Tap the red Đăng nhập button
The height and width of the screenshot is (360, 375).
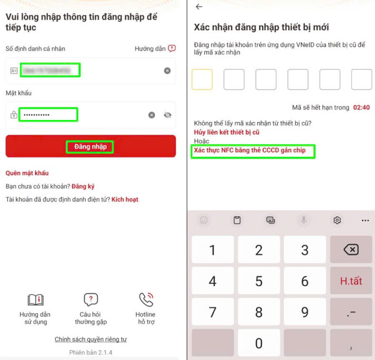(x=90, y=146)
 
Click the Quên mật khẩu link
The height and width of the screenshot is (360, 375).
(x=27, y=173)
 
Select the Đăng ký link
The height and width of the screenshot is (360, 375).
(x=83, y=186)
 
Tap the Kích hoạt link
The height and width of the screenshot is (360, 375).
(x=125, y=200)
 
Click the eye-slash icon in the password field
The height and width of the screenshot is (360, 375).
(x=167, y=115)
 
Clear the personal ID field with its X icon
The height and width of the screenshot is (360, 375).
(x=167, y=71)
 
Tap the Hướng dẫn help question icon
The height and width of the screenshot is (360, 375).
(x=172, y=48)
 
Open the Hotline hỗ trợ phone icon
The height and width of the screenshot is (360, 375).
(x=145, y=300)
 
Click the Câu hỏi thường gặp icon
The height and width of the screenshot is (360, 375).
(x=91, y=300)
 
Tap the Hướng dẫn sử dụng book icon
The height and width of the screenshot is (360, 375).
(x=35, y=300)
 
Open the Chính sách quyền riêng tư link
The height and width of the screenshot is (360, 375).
(x=90, y=339)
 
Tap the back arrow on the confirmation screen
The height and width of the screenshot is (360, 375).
(x=199, y=7)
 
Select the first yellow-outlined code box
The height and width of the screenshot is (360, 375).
(x=202, y=80)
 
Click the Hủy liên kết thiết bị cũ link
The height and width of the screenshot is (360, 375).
(x=227, y=132)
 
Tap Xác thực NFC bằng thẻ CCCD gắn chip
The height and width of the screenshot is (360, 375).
(x=250, y=150)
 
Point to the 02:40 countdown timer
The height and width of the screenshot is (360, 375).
(x=361, y=107)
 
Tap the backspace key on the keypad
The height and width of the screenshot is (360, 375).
(x=351, y=250)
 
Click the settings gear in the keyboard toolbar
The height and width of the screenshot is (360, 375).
(x=337, y=220)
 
